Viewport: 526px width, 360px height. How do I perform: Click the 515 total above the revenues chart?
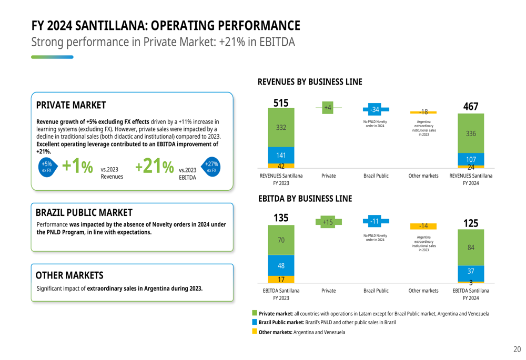[281, 104]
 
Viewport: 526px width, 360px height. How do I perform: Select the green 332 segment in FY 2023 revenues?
[281, 128]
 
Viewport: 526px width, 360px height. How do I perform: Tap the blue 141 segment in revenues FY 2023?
[281, 155]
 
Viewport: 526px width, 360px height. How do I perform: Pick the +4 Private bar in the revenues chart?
[328, 107]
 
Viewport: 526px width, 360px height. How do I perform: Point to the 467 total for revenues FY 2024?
[471, 106]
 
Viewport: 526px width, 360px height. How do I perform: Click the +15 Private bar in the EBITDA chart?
[328, 222]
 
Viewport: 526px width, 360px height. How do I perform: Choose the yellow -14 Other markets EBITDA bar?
[423, 226]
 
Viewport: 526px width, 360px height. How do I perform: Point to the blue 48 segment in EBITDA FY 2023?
[281, 265]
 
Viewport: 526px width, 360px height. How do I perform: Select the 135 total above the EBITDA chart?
[281, 218]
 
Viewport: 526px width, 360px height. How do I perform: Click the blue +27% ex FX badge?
[211, 167]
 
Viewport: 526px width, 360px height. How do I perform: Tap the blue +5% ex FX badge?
[47, 167]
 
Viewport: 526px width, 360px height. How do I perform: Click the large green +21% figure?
[155, 167]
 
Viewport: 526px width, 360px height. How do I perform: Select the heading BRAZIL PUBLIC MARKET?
[84, 213]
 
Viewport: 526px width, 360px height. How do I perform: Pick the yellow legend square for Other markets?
[255, 332]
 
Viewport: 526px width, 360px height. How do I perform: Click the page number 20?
[517, 349]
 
